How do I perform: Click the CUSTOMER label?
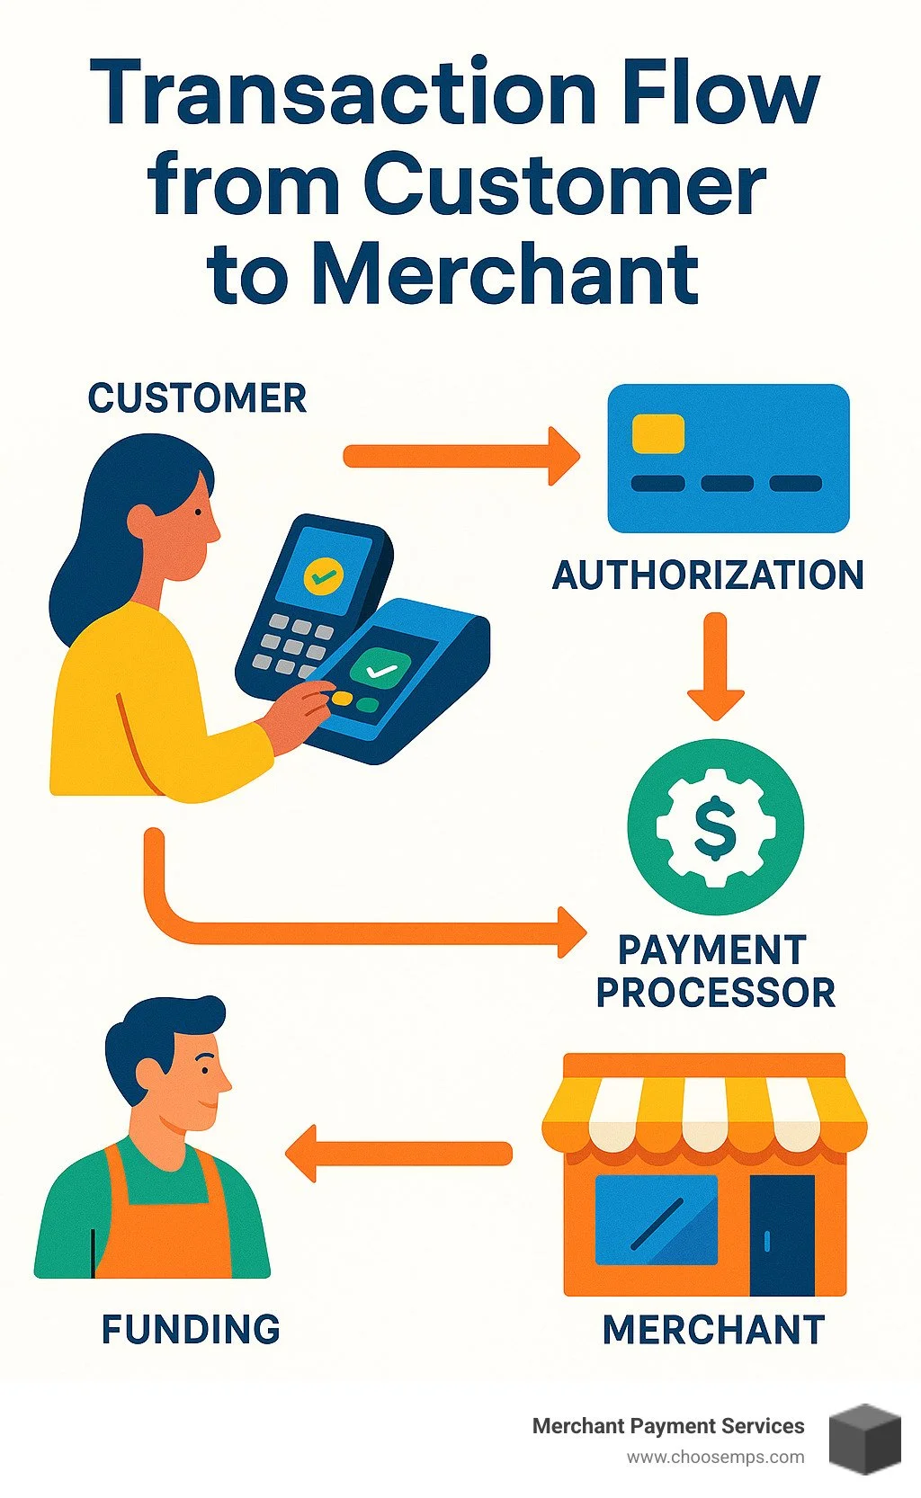tap(197, 398)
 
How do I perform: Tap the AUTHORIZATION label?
tap(708, 575)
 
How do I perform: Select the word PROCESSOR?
tap(715, 993)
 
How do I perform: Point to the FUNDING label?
tap(191, 1329)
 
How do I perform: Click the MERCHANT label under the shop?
tap(713, 1330)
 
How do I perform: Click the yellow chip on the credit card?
tap(658, 433)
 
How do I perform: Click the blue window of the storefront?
tap(657, 1219)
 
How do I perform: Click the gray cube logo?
tap(864, 1438)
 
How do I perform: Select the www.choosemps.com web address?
tap(716, 1457)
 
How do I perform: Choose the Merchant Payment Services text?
tap(668, 1426)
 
